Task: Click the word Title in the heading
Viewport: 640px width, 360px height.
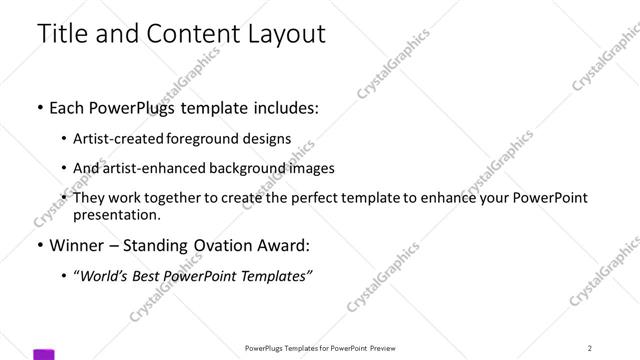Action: (62, 33)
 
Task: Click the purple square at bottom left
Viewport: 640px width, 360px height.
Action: (44, 354)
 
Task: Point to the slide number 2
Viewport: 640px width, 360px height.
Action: (590, 348)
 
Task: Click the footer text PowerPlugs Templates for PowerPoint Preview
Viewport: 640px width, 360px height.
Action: (319, 348)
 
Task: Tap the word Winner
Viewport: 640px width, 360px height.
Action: (79, 245)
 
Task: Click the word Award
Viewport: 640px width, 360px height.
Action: (282, 245)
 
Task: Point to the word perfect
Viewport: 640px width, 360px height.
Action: (303, 198)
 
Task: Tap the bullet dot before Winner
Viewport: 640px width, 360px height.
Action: (39, 245)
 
